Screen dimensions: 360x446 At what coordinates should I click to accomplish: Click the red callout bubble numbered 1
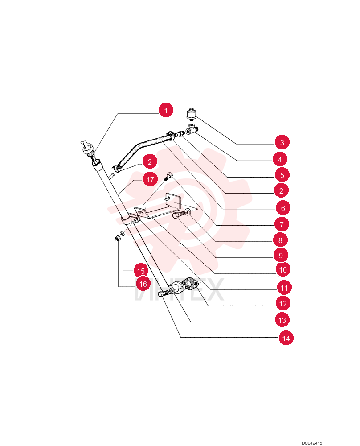[x=166, y=110]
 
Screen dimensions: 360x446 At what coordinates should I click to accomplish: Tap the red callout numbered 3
[x=282, y=142]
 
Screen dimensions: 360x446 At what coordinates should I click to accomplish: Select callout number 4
[x=280, y=159]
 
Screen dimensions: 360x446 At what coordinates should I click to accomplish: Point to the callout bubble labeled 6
[x=283, y=208]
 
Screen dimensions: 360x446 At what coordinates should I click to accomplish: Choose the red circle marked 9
[x=281, y=255]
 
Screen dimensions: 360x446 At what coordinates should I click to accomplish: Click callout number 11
[x=284, y=288]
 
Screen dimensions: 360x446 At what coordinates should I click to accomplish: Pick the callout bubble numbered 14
[x=286, y=338]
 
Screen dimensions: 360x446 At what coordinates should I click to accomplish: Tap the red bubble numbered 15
[x=141, y=271]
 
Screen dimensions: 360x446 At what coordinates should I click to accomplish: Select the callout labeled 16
[x=143, y=284]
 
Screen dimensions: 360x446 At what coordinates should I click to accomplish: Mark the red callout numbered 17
[x=150, y=179]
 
